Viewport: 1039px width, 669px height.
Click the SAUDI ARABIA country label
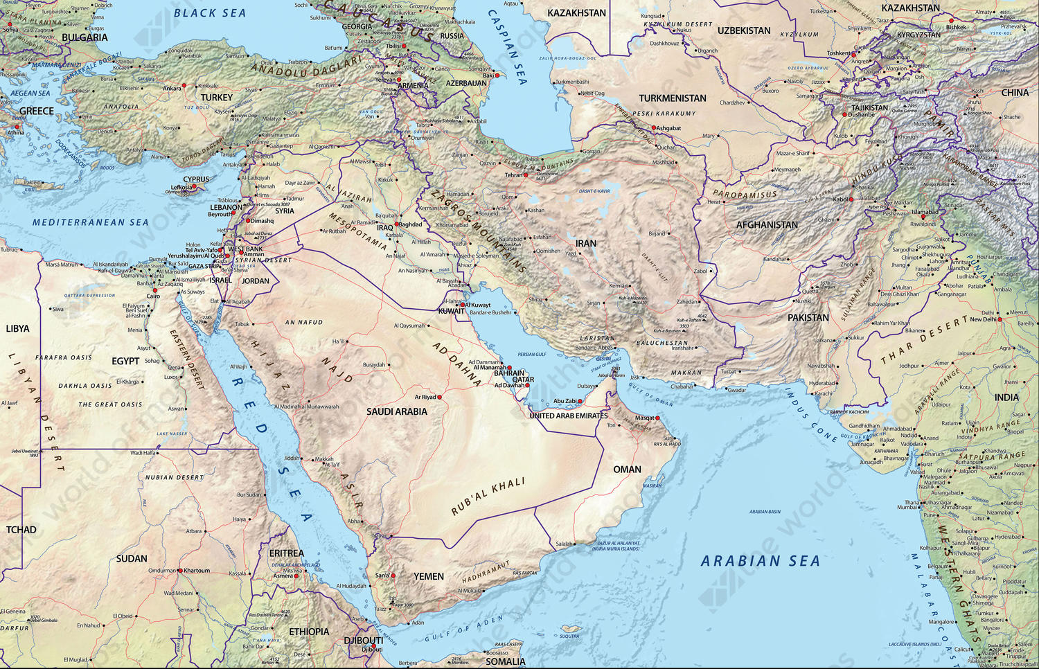tap(397, 411)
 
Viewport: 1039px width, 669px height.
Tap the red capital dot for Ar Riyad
tap(439, 398)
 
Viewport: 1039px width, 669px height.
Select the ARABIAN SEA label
tap(760, 561)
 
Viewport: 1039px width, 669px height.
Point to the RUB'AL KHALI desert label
tap(488, 497)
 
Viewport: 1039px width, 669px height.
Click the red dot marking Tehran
tap(526, 175)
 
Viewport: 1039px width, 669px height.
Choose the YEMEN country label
tap(429, 576)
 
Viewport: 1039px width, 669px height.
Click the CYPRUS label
tap(196, 179)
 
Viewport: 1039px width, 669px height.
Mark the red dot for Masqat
tap(657, 418)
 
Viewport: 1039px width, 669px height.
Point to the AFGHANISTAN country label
tap(767, 225)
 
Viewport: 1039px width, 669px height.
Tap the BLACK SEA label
tap(209, 13)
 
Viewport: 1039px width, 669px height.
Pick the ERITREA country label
tap(286, 553)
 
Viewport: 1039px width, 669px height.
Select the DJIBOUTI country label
tap(363, 641)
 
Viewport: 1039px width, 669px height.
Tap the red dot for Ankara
tap(184, 88)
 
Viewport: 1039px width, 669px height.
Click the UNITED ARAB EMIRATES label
tap(569, 416)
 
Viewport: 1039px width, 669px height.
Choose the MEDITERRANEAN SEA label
tap(90, 222)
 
